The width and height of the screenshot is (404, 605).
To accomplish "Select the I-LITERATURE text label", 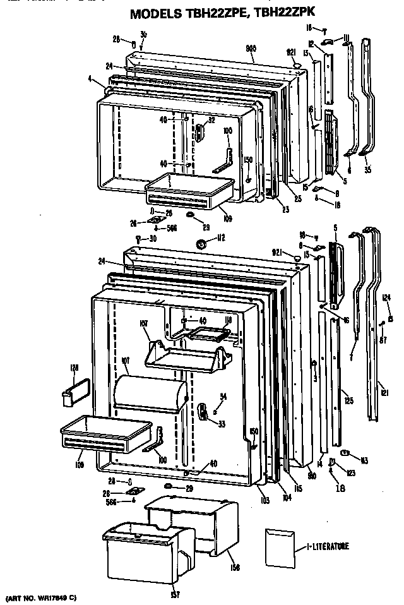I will click(329, 546).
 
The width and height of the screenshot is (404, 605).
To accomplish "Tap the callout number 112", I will click(221, 238).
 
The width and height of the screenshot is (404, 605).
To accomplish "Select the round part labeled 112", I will click(203, 244).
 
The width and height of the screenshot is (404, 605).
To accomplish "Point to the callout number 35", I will click(367, 169).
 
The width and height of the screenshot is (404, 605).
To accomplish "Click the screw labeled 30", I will click(138, 238).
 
